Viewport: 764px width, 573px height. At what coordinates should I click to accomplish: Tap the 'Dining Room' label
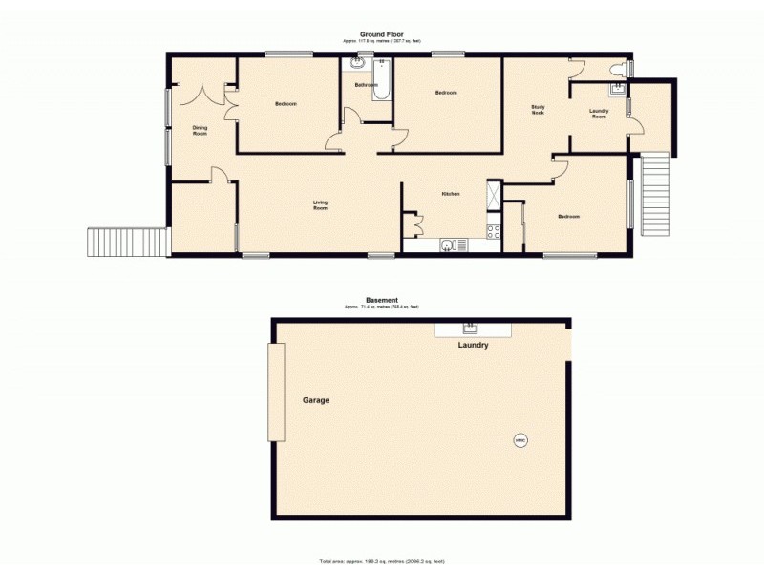pos(200,130)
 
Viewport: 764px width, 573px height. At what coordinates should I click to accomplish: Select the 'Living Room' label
pos(321,203)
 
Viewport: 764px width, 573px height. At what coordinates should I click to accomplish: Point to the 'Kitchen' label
pos(451,194)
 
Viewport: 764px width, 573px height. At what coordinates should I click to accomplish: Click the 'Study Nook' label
pos(538,109)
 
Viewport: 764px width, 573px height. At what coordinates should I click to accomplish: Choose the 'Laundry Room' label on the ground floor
pos(599,113)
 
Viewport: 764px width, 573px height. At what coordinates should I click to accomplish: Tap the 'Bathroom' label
pos(366,85)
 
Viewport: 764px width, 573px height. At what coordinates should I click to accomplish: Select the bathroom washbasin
pos(358,63)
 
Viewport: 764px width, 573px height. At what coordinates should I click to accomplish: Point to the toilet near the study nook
pos(625,69)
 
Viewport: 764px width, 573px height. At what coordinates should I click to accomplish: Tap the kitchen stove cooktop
pos(494,231)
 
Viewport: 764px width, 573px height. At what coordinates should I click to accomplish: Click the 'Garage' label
pos(316,400)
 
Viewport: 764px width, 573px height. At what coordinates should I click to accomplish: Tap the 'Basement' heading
pos(381,300)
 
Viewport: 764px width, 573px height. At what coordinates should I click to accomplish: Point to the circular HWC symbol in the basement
pos(520,440)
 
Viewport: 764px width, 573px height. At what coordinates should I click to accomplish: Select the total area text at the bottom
pos(381,561)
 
